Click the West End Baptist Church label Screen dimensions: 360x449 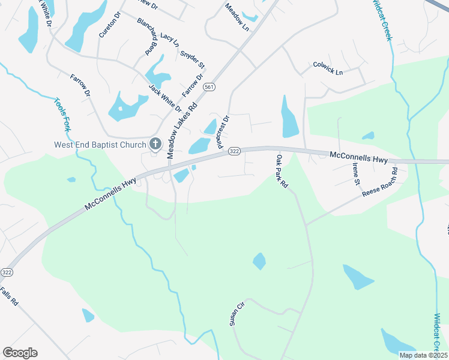click(x=100, y=145)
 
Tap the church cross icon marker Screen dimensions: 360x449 click(x=155, y=144)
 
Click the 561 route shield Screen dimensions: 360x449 click(x=209, y=87)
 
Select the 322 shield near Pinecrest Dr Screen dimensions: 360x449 click(x=234, y=152)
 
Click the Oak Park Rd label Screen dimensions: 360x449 click(x=282, y=172)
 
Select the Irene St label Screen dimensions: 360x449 click(x=356, y=173)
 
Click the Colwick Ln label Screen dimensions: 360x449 click(x=328, y=68)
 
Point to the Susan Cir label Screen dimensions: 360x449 click(x=237, y=314)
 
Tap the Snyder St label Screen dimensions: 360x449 click(x=193, y=58)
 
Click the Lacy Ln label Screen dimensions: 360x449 click(x=169, y=41)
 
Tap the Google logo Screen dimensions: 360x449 click(x=20, y=353)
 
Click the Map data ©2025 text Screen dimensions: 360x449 click(x=423, y=355)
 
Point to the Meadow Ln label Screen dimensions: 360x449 click(x=237, y=17)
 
